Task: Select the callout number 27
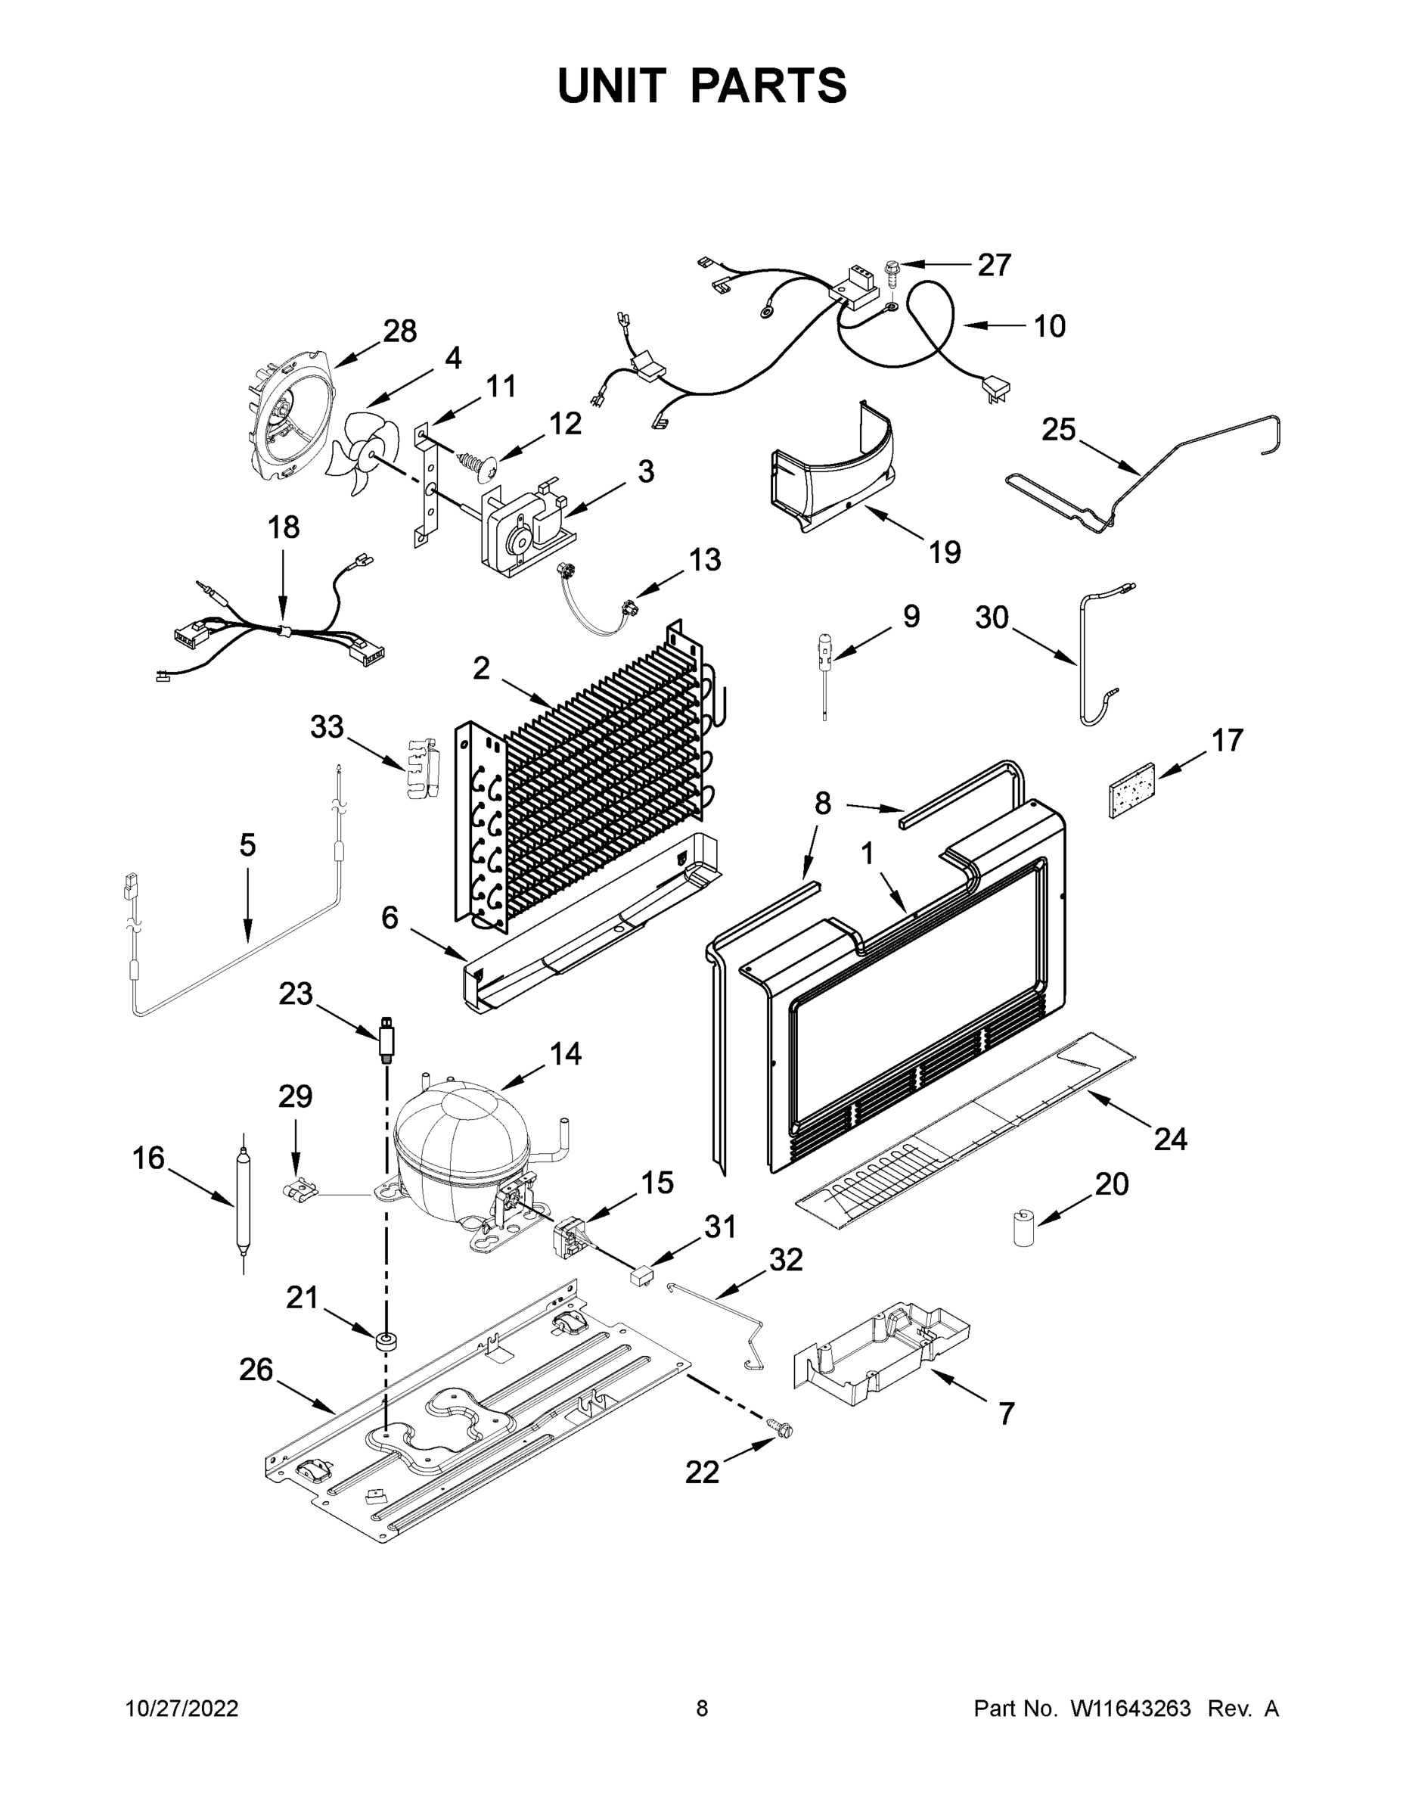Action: click(x=993, y=266)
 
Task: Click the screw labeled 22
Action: click(x=781, y=1429)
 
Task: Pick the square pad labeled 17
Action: click(x=1131, y=791)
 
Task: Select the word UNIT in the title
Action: click(x=612, y=86)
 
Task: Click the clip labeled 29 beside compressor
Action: click(x=302, y=1193)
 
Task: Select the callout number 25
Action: click(x=1058, y=430)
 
